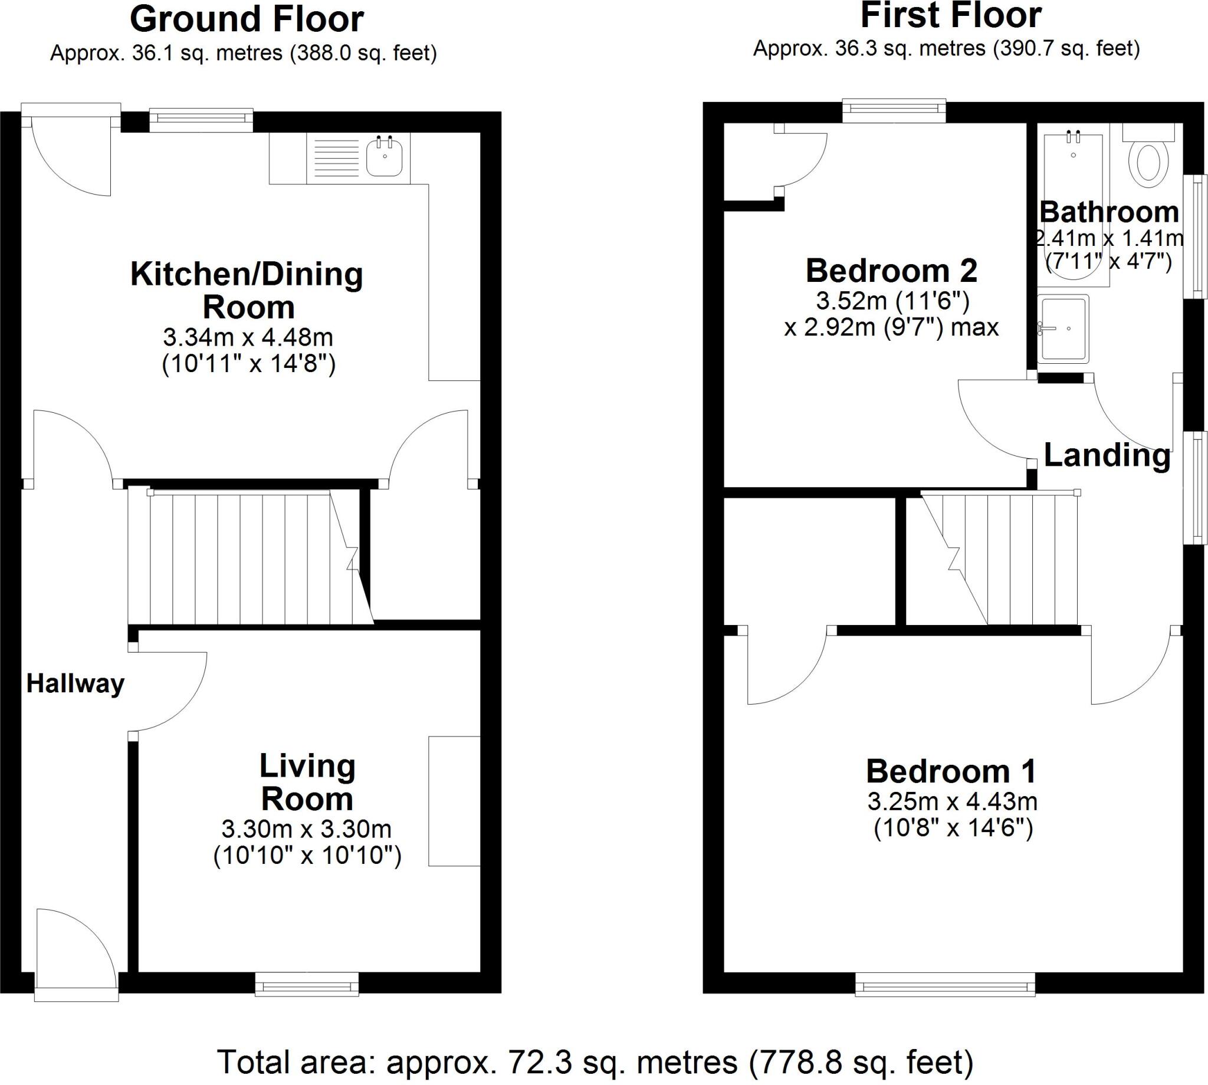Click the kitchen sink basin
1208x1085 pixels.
click(384, 156)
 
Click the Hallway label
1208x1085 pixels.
click(75, 684)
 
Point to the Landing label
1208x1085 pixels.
click(1107, 455)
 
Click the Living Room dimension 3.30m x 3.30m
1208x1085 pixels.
click(307, 828)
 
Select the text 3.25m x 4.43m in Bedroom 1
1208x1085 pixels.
click(952, 802)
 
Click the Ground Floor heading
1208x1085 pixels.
click(247, 19)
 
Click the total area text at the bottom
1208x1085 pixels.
click(595, 1062)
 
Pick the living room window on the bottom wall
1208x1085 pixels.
click(307, 984)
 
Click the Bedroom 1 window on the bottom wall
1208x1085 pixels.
click(944, 984)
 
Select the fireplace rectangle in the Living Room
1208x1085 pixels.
click(454, 801)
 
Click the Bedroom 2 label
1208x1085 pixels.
click(891, 271)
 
